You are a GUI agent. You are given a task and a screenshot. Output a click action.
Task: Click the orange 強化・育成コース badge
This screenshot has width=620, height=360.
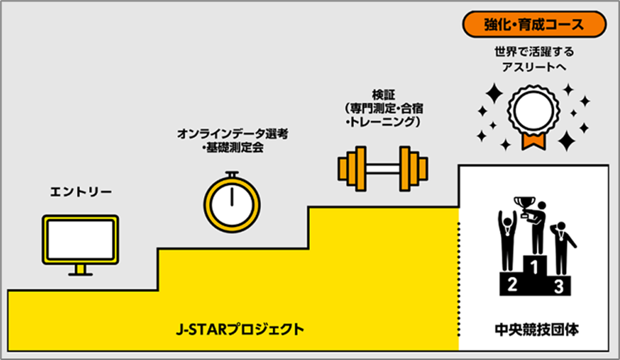[534, 25]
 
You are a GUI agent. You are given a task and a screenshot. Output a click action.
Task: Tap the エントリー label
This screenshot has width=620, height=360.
[81, 192]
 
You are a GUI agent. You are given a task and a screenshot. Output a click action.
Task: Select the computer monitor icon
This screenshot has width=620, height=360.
[81, 238]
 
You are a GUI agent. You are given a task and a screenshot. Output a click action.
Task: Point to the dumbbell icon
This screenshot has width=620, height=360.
[383, 170]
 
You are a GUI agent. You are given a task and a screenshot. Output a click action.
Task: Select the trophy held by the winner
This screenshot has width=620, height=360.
[523, 204]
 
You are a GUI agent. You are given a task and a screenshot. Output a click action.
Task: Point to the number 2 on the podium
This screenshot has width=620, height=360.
[511, 284]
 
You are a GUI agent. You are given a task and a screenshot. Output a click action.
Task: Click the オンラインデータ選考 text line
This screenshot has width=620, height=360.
[233, 135]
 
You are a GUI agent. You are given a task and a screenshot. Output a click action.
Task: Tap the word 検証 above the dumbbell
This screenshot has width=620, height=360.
[383, 94]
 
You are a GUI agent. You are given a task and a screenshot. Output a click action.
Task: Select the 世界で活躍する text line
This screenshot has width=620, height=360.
[534, 51]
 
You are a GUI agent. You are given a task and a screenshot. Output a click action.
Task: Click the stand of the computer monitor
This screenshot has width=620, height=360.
[81, 268]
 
